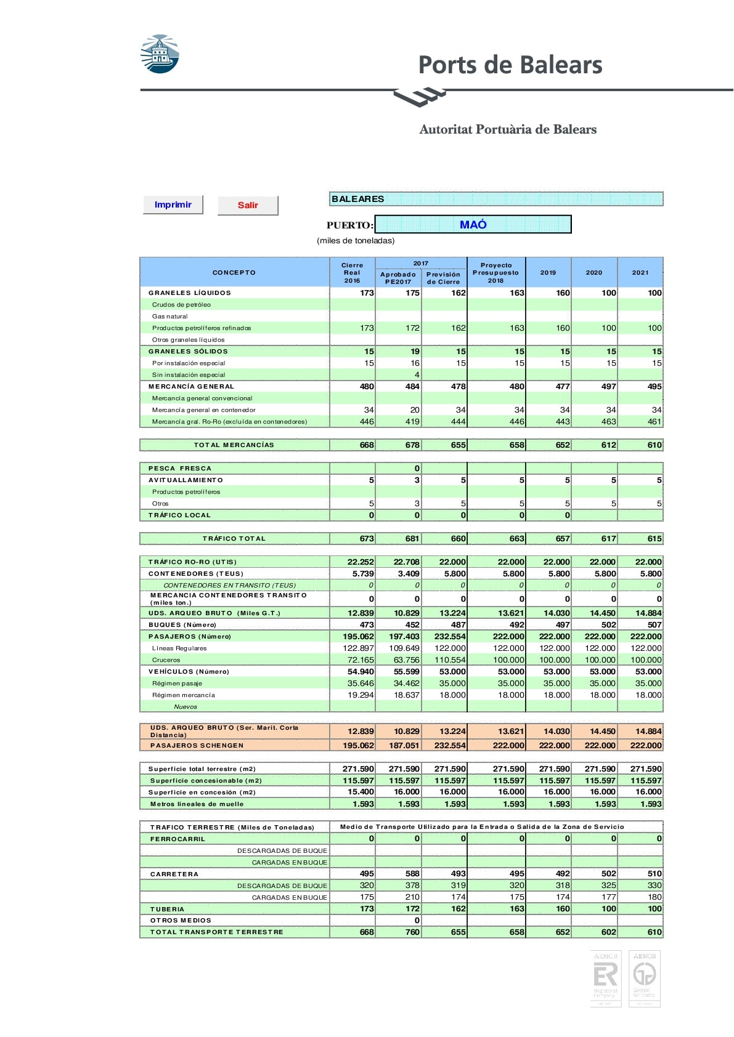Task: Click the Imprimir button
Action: (173, 205)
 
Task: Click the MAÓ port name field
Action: (473, 225)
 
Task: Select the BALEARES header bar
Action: (496, 199)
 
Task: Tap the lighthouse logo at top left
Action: (160, 54)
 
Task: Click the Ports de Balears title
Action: (510, 65)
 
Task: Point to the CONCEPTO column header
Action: (234, 272)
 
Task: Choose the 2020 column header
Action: (594, 272)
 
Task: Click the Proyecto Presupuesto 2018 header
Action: (496, 272)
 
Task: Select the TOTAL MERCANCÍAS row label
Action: (234, 445)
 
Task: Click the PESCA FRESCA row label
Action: (179, 469)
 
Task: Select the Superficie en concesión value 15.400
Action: (361, 792)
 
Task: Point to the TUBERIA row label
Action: (167, 909)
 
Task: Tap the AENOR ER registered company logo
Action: (605, 979)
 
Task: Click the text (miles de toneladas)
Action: (356, 241)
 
